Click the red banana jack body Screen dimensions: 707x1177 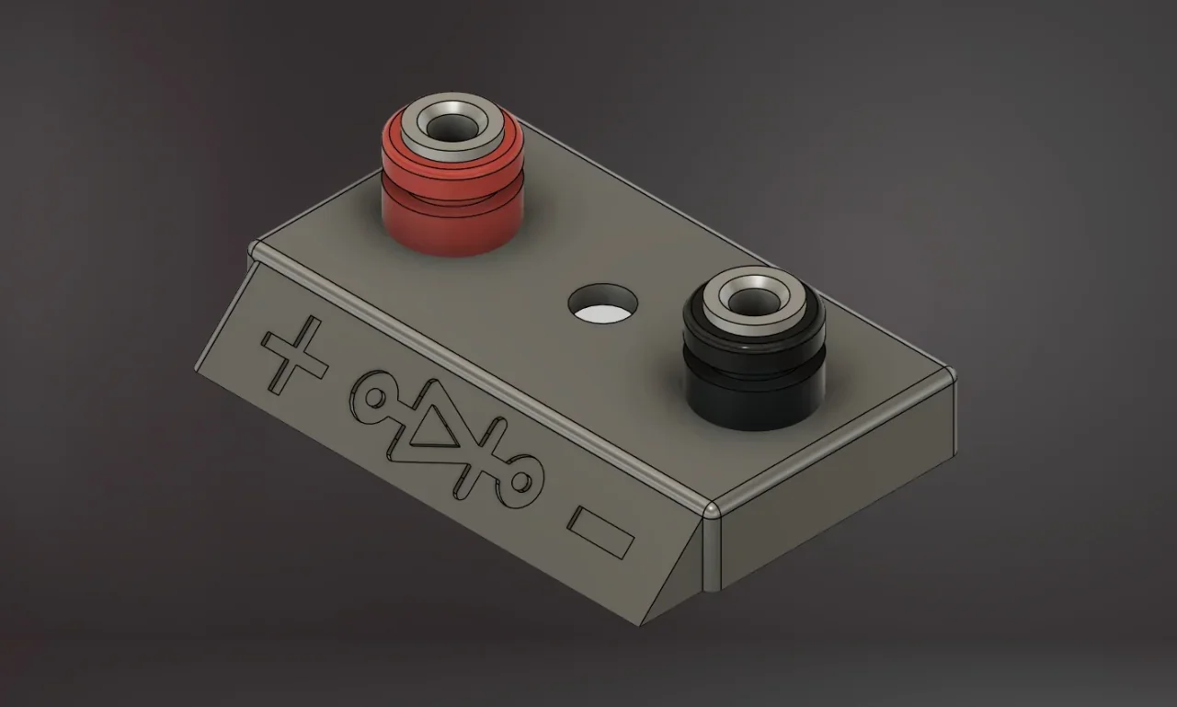click(451, 221)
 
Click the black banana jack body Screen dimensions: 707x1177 click(752, 395)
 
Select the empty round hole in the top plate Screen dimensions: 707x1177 click(602, 306)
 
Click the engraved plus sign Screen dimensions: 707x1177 click(294, 355)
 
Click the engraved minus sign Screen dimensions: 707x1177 click(600, 531)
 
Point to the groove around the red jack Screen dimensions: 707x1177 click(451, 188)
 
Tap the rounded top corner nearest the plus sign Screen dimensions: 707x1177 click(257, 248)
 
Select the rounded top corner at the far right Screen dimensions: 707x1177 click(950, 373)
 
